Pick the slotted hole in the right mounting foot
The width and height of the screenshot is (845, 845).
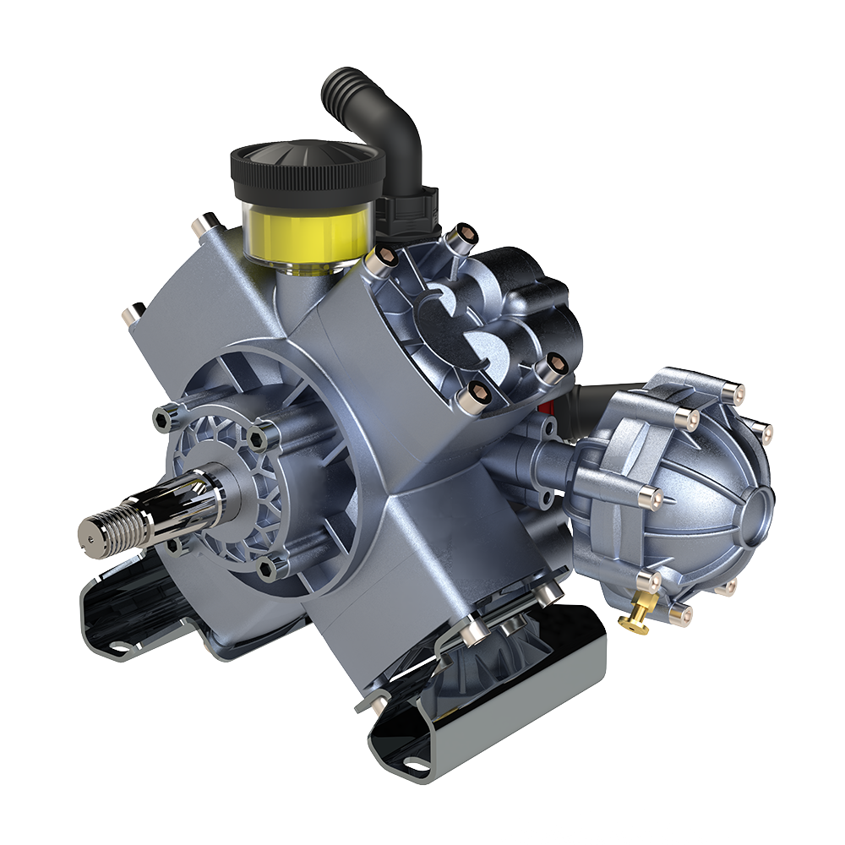pos(415,765)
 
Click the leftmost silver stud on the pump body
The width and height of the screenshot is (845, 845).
pos(134,313)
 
